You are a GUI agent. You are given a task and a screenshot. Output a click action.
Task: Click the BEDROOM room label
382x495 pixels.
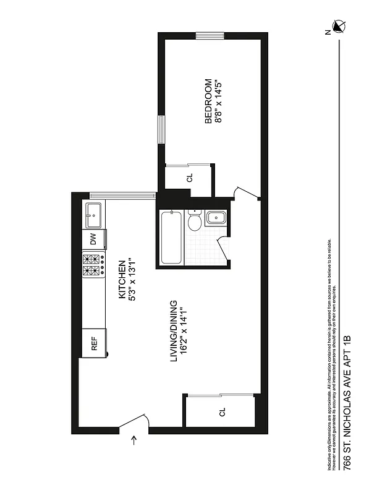tap(208, 100)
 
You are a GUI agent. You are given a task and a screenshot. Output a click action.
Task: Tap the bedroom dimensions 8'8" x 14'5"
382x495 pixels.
tap(218, 100)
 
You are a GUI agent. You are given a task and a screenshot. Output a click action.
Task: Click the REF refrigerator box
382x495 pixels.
tap(95, 343)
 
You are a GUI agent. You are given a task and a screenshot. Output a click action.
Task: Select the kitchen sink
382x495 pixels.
tap(94, 215)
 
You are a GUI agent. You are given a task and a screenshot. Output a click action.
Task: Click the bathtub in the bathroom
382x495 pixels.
tap(171, 238)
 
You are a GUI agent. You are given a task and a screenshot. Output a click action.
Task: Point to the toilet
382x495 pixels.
tap(195, 221)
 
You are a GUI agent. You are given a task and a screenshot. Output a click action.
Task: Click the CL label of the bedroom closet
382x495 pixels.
tap(189, 178)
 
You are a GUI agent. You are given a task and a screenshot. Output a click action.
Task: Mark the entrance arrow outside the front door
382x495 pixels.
tap(135, 441)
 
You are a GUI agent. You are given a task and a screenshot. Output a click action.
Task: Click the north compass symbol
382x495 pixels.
tap(338, 26)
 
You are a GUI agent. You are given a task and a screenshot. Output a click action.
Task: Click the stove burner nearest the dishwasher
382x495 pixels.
tap(89, 259)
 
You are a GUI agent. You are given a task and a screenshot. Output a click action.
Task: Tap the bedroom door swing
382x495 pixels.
tap(247, 192)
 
